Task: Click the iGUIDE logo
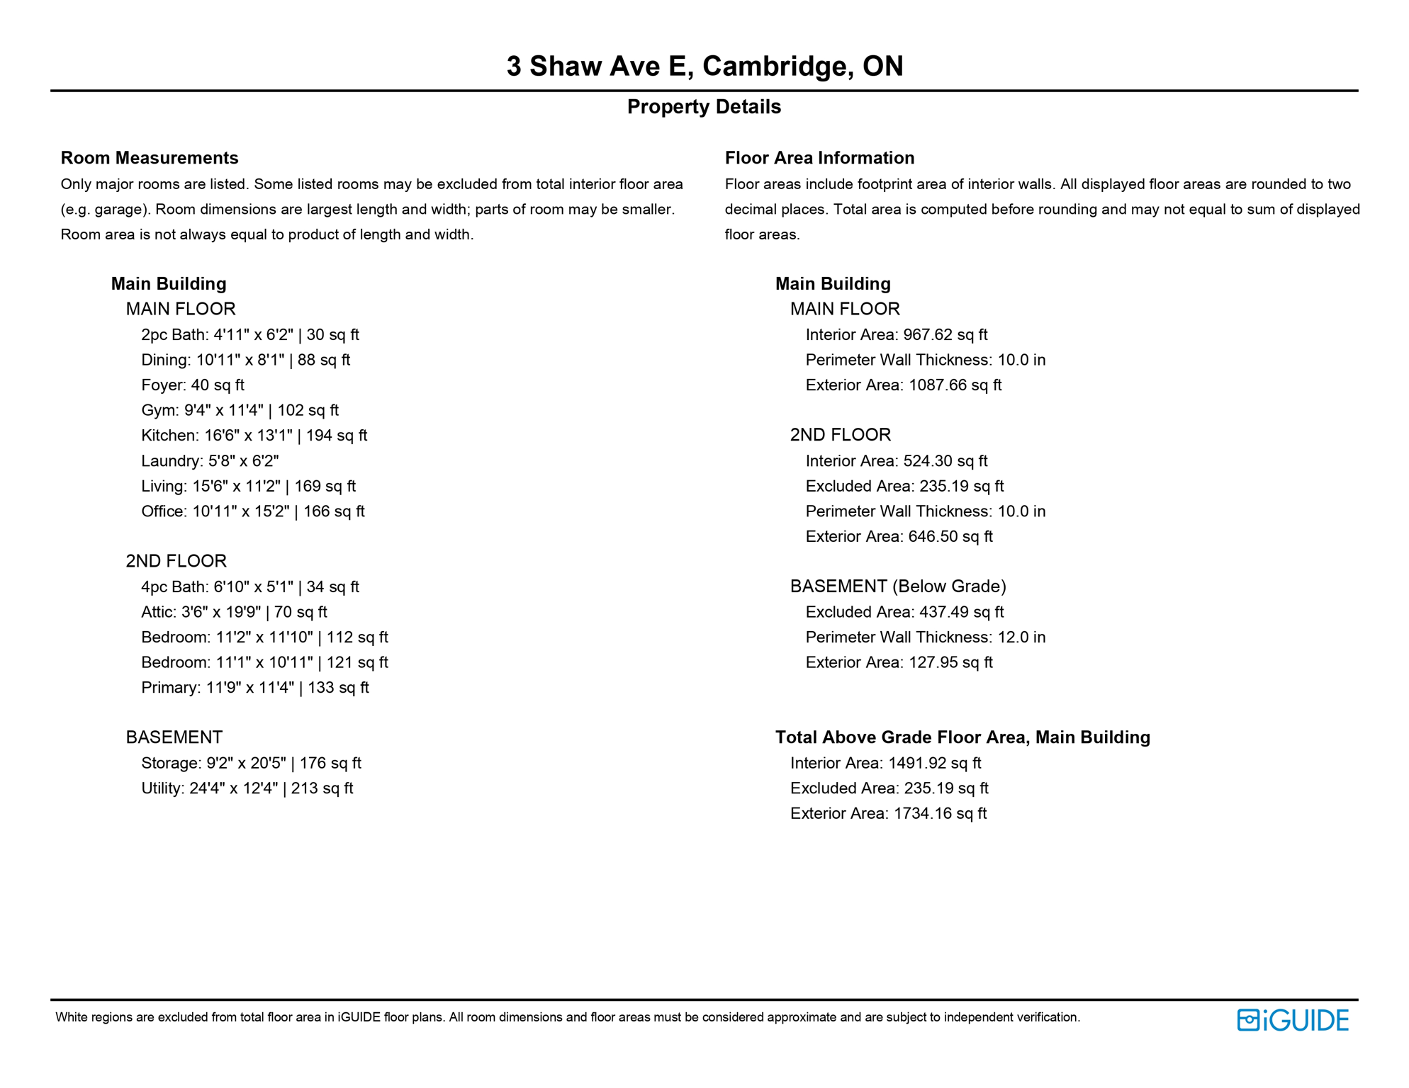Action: (1292, 1020)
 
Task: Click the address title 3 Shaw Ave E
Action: (704, 66)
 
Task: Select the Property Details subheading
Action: (704, 107)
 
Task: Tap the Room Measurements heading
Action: (150, 158)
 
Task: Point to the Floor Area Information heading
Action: (819, 158)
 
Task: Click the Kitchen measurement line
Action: (254, 436)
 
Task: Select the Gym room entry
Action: (240, 410)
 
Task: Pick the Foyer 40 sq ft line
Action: (193, 385)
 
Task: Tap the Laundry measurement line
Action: (210, 461)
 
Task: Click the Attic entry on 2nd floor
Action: (234, 612)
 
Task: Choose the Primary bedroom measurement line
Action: (255, 688)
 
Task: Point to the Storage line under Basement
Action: (251, 763)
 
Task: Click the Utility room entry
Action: (247, 788)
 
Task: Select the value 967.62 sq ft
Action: (945, 335)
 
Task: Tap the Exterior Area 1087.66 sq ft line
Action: (904, 385)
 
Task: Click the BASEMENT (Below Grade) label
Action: (898, 586)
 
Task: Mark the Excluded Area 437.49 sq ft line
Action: (904, 612)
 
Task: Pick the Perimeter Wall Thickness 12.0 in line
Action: (925, 637)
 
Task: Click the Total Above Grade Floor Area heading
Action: (962, 737)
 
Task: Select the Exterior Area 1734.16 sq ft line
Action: (888, 814)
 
